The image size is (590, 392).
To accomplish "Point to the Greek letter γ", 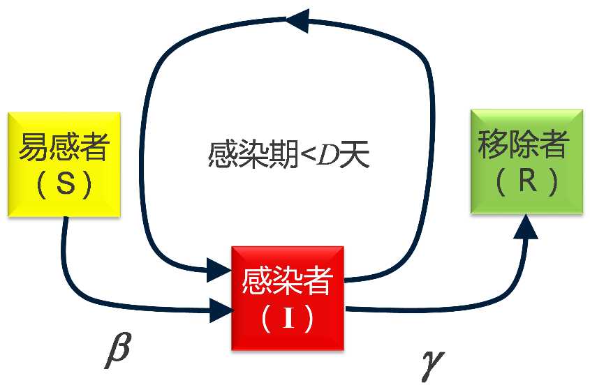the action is [432, 364].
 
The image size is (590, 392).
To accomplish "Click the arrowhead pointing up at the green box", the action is [527, 226].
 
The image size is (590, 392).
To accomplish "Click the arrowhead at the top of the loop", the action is [297, 20].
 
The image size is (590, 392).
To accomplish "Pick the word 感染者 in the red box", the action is [288, 283].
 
